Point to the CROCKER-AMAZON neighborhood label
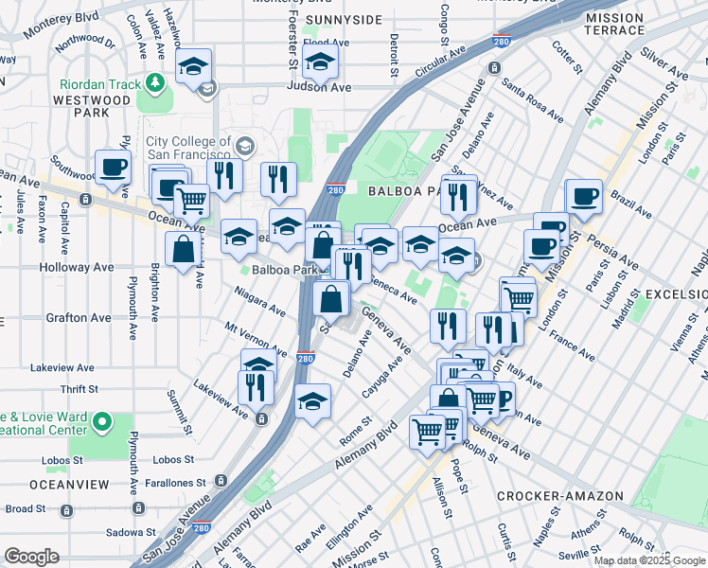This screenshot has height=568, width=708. tap(559, 496)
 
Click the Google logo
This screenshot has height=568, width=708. tap(32, 557)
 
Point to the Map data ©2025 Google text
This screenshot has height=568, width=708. tap(648, 560)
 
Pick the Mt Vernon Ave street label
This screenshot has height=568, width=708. tap(255, 338)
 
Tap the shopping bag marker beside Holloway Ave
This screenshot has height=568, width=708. tap(183, 250)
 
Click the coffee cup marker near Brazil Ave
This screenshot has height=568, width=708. tap(584, 197)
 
